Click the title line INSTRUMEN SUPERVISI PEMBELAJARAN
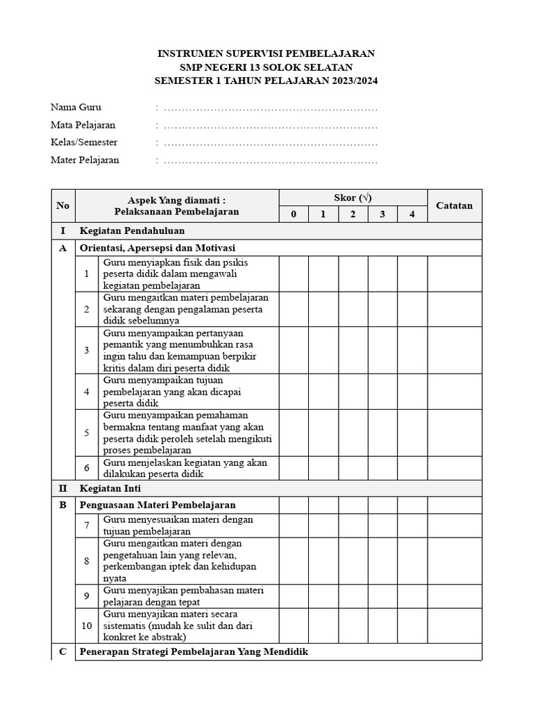pos(266,53)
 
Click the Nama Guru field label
pos(76,107)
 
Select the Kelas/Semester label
pos(84,142)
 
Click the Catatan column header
pos(454,206)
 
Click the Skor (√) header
pos(353,197)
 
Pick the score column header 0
pos(294,214)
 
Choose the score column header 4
pos(412,214)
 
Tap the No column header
pos(63,206)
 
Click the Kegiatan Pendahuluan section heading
pos(132,231)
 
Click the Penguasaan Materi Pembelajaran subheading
pos(158,505)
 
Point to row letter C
pos(63,652)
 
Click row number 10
pos(87,626)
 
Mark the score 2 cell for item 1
pos(353,274)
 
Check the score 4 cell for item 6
pos(412,468)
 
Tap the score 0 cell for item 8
pos(294,560)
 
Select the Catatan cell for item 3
pos(454,350)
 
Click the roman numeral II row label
pos(63,488)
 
